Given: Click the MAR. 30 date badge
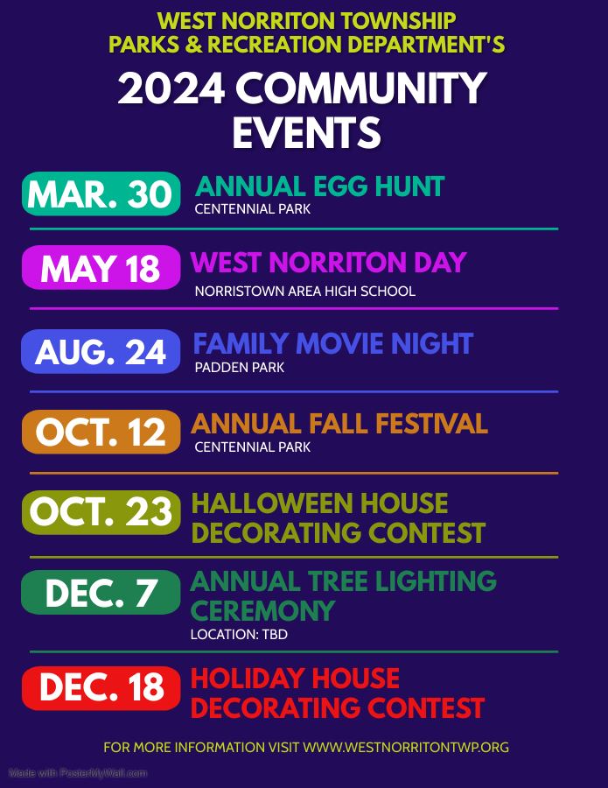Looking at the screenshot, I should (x=101, y=193).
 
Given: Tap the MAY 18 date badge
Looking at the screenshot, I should (x=101, y=267).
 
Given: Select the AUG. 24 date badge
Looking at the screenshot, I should (x=101, y=351).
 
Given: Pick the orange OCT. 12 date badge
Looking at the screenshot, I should (x=101, y=432).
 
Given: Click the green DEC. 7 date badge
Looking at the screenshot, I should (x=101, y=592).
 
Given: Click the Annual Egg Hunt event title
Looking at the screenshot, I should (x=319, y=186).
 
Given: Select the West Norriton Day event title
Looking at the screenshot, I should (x=328, y=262).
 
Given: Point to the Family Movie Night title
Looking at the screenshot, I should (x=332, y=343).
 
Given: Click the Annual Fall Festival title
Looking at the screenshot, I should (x=339, y=424).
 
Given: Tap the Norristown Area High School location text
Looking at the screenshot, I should (x=304, y=291).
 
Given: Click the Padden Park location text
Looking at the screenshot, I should (x=239, y=368).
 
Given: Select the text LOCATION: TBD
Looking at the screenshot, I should (x=239, y=634).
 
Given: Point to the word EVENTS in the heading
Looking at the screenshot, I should (x=306, y=133).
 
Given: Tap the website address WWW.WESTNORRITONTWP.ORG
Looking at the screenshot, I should (x=406, y=748).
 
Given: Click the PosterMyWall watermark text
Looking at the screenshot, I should (x=78, y=773).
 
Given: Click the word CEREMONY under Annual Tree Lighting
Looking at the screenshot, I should (x=250, y=610).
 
